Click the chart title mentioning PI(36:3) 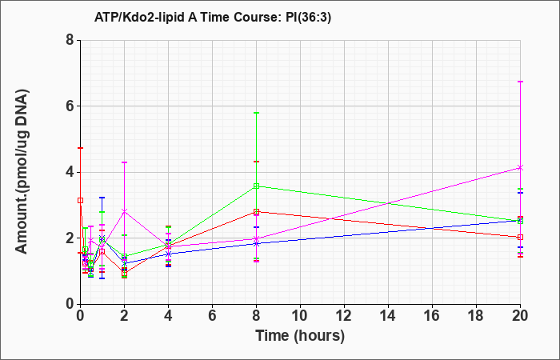click(x=213, y=17)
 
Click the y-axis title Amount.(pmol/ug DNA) click(x=22, y=172)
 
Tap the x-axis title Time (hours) click(x=300, y=336)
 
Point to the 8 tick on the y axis click(x=70, y=40)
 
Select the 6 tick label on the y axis click(x=70, y=106)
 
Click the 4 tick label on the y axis click(x=70, y=172)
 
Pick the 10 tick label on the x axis click(x=300, y=316)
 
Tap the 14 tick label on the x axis click(x=388, y=316)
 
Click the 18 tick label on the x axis click(x=476, y=316)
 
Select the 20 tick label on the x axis click(x=520, y=316)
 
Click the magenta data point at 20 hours click(x=520, y=167)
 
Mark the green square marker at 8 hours click(x=256, y=186)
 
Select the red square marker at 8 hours click(x=256, y=212)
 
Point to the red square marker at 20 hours click(x=520, y=237)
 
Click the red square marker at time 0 click(x=80, y=200)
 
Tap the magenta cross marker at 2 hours click(x=124, y=211)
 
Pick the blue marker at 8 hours click(x=256, y=243)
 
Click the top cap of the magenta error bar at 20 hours click(x=520, y=82)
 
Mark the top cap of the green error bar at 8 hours click(x=256, y=113)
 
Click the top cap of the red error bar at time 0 click(x=81, y=147)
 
